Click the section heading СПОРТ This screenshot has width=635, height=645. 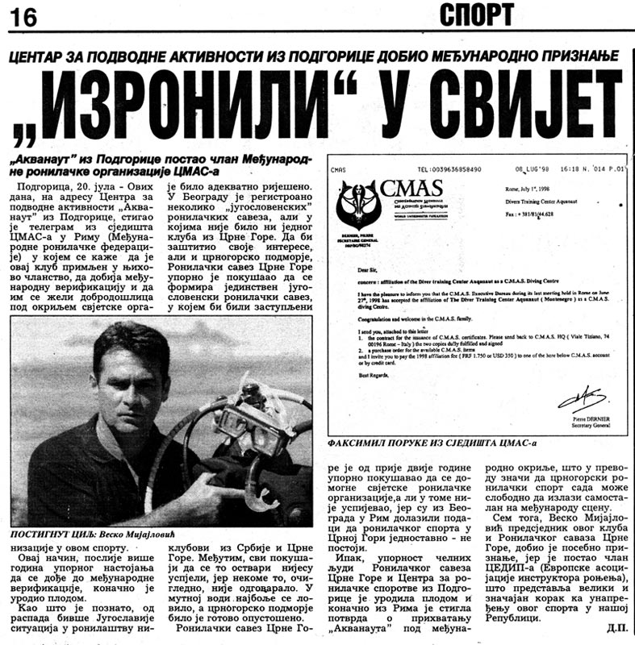pos(475,14)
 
